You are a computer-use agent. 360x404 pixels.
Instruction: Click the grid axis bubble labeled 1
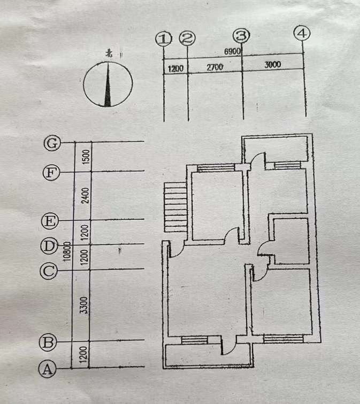[163, 38]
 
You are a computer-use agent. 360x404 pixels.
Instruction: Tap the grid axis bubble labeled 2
[187, 38]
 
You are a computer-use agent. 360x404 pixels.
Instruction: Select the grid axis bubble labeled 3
[242, 36]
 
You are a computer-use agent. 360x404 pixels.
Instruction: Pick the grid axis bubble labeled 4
[303, 33]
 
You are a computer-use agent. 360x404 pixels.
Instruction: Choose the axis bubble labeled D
[49, 246]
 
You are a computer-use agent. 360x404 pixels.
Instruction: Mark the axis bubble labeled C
[48, 271]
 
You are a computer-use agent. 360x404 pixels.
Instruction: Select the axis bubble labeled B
[48, 343]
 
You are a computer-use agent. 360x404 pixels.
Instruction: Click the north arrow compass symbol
[108, 83]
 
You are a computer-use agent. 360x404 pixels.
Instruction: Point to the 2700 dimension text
[214, 67]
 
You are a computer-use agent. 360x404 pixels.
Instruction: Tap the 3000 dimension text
[272, 64]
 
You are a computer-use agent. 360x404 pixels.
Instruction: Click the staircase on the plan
[175, 207]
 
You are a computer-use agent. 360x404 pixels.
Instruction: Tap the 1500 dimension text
[86, 157]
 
